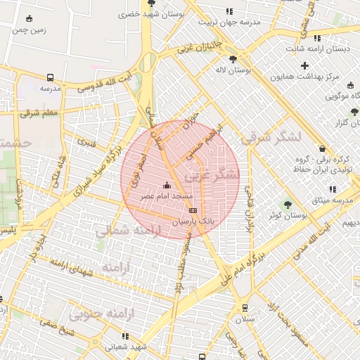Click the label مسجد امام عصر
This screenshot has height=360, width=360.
pos(166,196)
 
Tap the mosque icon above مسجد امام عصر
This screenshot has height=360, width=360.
pos(167,186)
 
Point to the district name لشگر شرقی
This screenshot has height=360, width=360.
pos(264,139)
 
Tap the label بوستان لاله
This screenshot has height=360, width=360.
pos(233,71)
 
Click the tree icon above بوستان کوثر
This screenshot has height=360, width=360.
pos(288,205)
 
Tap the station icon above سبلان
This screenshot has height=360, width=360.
pos(244,307)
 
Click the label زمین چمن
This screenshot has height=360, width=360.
pos(29,30)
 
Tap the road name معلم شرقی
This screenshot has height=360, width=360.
pos(40,113)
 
